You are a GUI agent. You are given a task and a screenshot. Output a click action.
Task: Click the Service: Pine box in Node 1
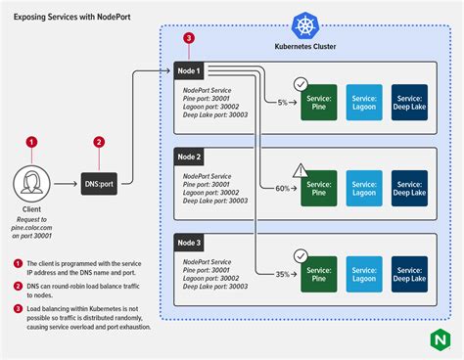[x=318, y=102]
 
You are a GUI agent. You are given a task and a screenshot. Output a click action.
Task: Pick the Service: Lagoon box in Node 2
[x=363, y=187]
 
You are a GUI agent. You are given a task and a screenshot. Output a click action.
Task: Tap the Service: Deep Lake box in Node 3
[x=409, y=272]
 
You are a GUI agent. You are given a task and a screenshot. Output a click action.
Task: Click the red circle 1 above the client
[x=32, y=142]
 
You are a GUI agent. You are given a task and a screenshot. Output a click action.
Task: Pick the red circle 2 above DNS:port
[x=99, y=142]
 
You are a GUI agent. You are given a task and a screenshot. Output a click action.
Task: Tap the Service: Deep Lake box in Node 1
[x=409, y=102]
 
